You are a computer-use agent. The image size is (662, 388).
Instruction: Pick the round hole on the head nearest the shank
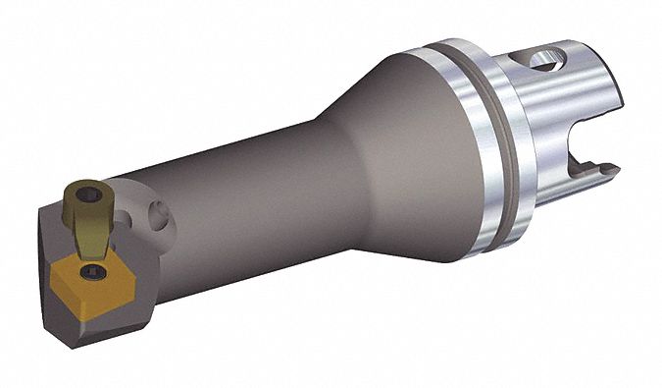click(159, 213)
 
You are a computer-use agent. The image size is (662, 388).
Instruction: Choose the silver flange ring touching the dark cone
click(456, 147)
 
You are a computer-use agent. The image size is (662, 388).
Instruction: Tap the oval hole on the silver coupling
click(545, 62)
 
